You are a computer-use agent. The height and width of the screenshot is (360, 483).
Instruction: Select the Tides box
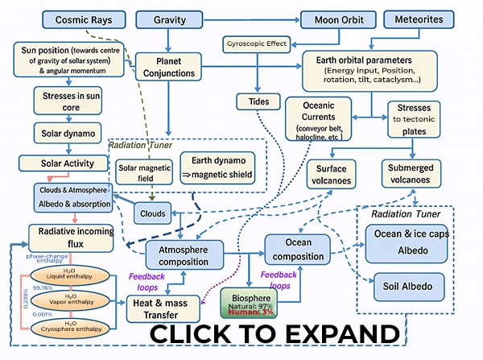coord(258,101)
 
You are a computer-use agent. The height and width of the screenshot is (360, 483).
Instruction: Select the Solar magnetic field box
coord(146,171)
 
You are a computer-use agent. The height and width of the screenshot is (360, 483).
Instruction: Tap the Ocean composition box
coord(298,250)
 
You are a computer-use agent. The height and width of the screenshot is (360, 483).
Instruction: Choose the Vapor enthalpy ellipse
coord(72,300)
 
